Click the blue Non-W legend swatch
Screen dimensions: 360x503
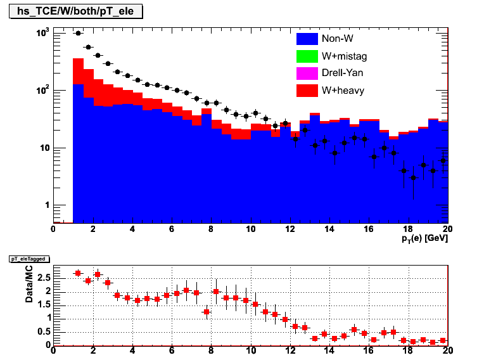(x=307, y=39)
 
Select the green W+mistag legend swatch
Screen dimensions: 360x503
(x=307, y=56)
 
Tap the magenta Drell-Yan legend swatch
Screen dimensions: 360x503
(x=307, y=74)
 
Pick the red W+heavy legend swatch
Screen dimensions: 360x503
(x=307, y=91)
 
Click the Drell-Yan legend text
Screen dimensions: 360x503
(x=342, y=74)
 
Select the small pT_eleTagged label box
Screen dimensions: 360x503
(x=28, y=259)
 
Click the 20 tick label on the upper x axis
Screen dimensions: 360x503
(x=447, y=229)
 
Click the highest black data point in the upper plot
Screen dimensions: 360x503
(x=78, y=34)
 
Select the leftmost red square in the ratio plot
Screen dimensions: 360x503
(x=78, y=273)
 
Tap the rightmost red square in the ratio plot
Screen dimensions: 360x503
(x=443, y=340)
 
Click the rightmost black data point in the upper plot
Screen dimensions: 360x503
(x=443, y=161)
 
